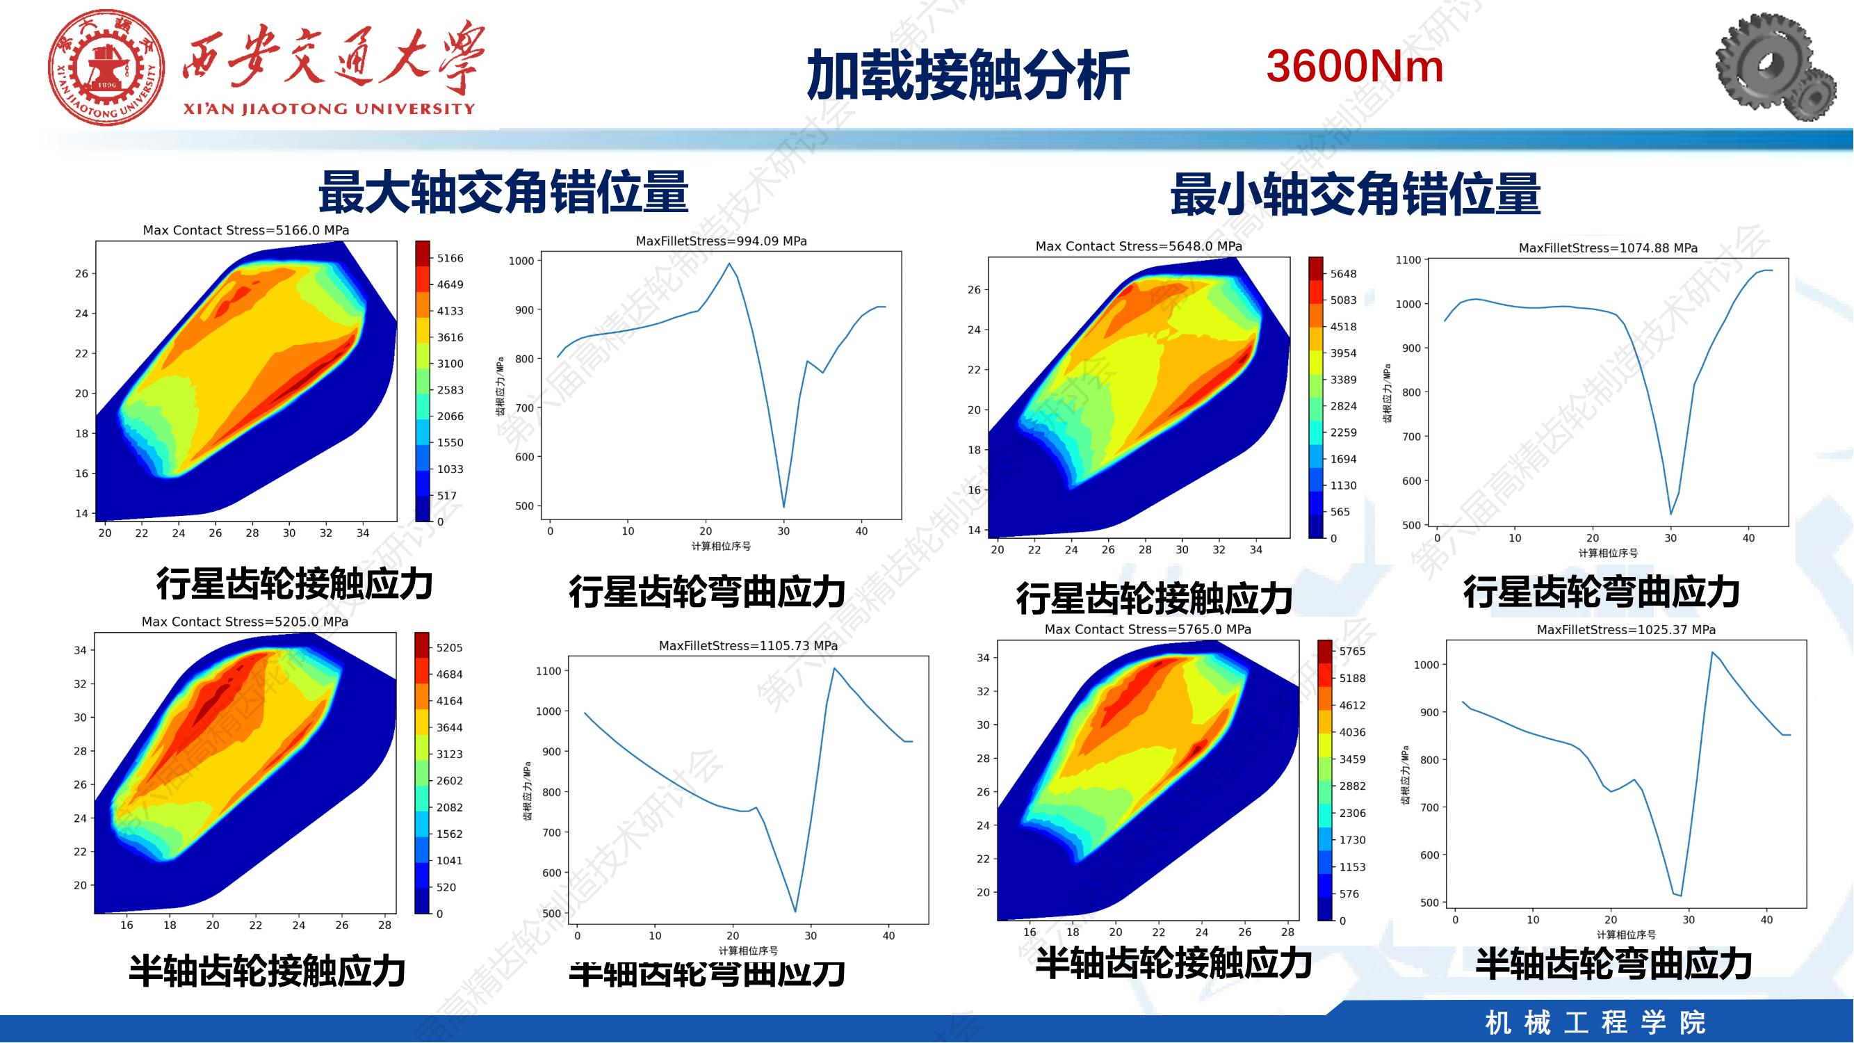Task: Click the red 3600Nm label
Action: coord(1354,66)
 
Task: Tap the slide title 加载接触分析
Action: coord(967,75)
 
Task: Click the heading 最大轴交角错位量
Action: coord(503,192)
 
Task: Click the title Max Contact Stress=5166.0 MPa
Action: coord(245,230)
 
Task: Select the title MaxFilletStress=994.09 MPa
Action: coord(721,241)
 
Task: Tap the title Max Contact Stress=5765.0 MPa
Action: coord(1147,629)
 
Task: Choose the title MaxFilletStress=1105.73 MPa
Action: coord(748,646)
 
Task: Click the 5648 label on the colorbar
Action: coord(1343,273)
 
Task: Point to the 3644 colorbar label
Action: coord(449,728)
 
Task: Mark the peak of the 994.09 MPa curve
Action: coord(729,264)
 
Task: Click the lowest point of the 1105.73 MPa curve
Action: coord(795,912)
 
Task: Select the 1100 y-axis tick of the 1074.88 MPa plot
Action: coord(1408,260)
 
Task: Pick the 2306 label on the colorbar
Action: coord(1352,813)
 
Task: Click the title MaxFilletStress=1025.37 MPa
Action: coord(1626,630)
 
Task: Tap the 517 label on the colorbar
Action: coord(447,495)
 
